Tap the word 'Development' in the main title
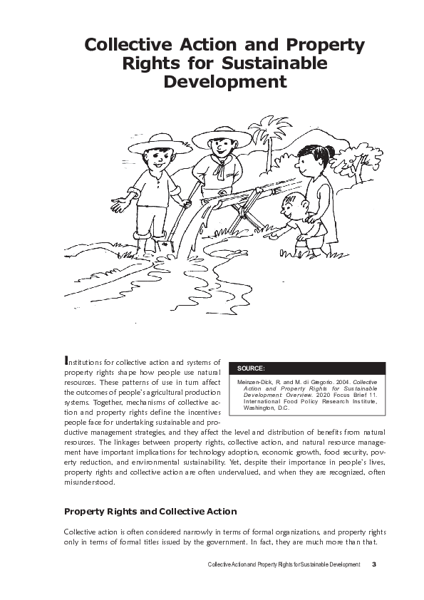point(225,82)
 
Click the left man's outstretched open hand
point(120,205)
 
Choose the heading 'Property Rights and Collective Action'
point(150,512)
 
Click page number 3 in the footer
point(373,565)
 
